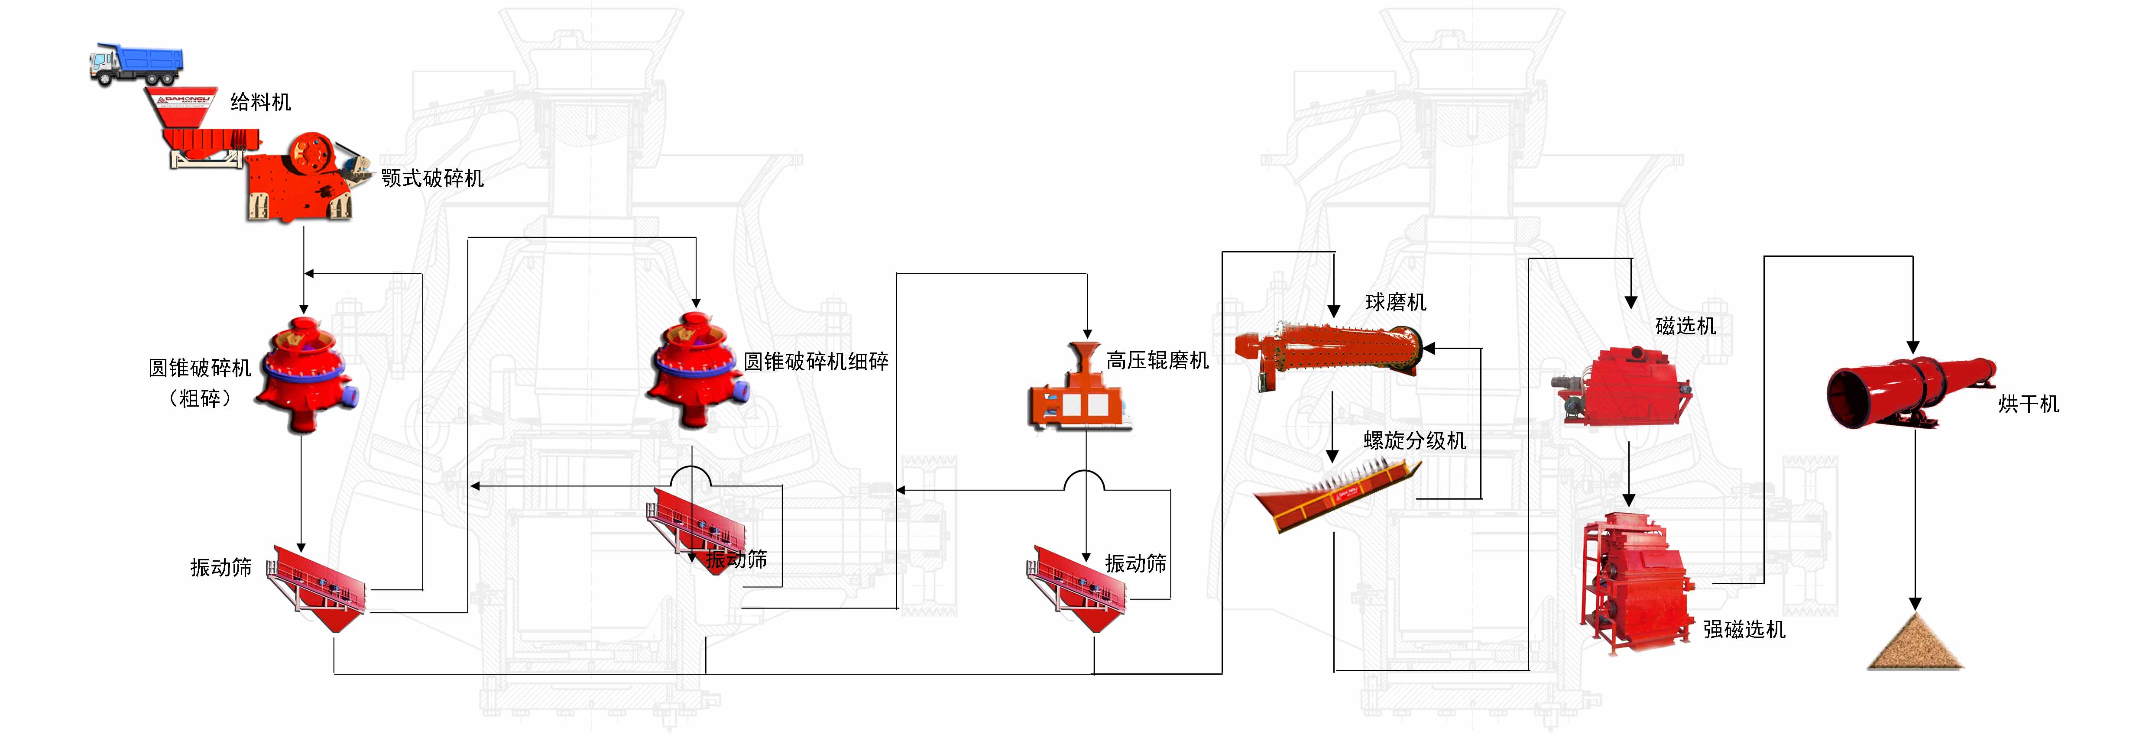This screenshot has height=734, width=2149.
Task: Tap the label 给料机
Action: tap(260, 103)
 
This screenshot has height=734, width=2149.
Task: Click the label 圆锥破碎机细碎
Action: tap(815, 361)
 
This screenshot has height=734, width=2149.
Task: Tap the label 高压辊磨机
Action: tap(1157, 360)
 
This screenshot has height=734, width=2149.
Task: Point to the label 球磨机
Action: tap(1395, 302)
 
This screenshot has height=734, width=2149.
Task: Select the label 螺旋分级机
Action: tap(1414, 440)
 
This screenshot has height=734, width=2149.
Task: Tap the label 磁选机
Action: tap(1685, 326)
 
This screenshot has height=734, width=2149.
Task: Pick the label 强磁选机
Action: tap(1744, 630)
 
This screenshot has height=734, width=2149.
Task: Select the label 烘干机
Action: tap(2028, 404)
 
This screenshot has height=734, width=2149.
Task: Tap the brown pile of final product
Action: tap(1915, 644)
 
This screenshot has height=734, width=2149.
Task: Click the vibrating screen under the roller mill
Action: tap(1076, 584)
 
